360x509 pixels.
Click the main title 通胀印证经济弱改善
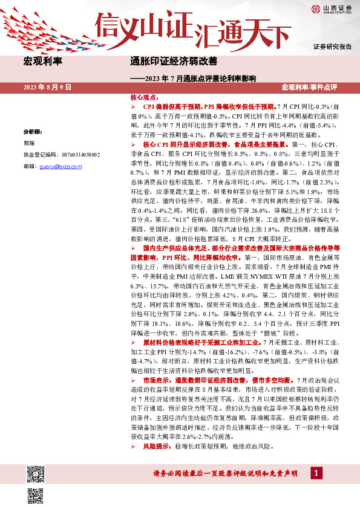click(174, 62)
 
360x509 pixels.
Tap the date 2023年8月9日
click(47, 88)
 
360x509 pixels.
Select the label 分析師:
click(34, 131)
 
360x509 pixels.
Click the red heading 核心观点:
click(143, 97)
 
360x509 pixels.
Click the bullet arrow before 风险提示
click(134, 447)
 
